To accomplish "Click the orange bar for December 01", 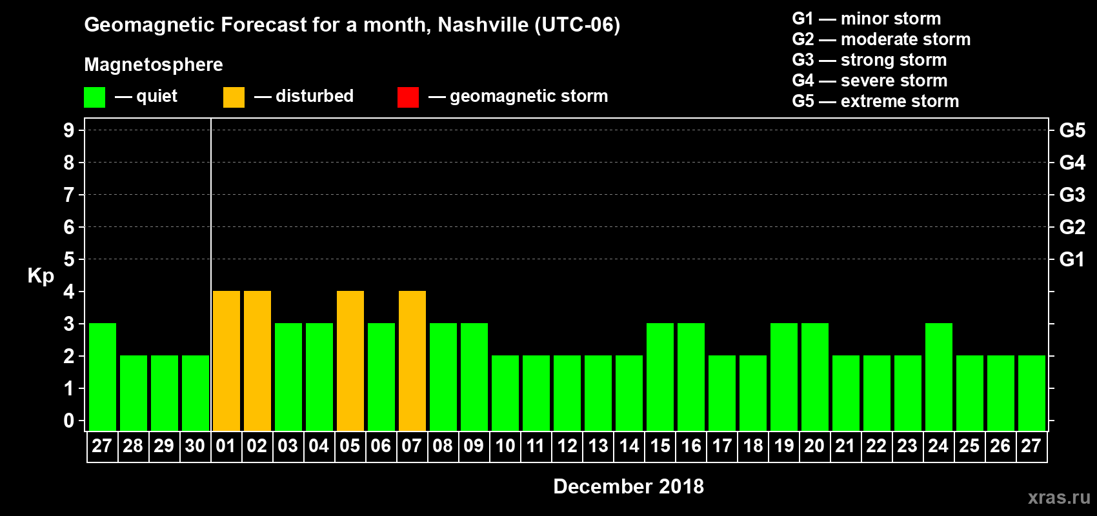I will (x=226, y=361).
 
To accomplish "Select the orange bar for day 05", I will (x=350, y=361).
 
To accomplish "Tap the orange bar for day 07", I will (x=412, y=361).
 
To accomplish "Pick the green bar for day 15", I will (x=660, y=377).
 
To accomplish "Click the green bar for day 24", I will (x=939, y=377).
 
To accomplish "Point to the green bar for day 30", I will (x=196, y=393).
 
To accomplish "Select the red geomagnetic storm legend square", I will (x=408, y=97).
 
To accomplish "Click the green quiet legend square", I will (x=95, y=97).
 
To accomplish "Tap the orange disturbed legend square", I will (x=234, y=97).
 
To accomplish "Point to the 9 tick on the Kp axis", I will (x=69, y=130).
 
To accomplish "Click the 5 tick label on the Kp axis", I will (x=69, y=259).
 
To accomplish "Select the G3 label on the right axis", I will (x=1072, y=195).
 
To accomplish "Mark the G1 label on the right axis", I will (x=1072, y=259).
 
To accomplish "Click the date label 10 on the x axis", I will (x=505, y=446).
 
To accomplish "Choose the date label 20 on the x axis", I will (x=814, y=446).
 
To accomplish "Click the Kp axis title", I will (x=41, y=275).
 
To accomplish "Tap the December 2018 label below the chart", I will (x=629, y=486).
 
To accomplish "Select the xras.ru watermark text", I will (x=1059, y=497).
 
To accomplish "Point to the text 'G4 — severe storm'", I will (x=870, y=81).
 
